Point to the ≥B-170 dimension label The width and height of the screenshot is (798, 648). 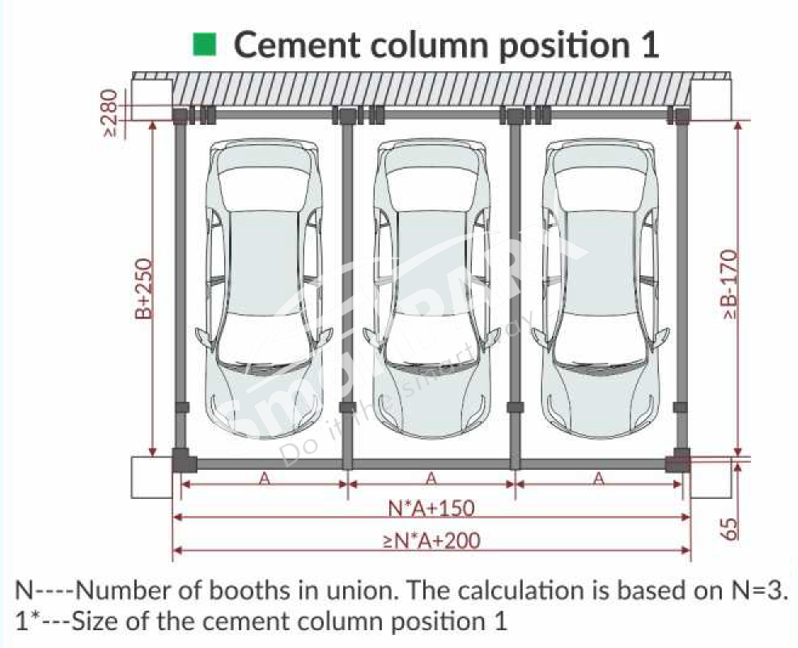point(729,283)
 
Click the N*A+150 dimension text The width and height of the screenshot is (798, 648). point(431,508)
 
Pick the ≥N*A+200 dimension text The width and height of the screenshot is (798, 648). point(431,539)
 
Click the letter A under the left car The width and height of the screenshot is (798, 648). point(264,479)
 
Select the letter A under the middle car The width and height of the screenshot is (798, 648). point(431,479)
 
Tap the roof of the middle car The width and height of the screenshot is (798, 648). point(431,259)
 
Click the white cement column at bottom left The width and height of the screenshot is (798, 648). point(151,478)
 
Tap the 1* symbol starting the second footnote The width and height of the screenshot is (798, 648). point(23,621)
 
